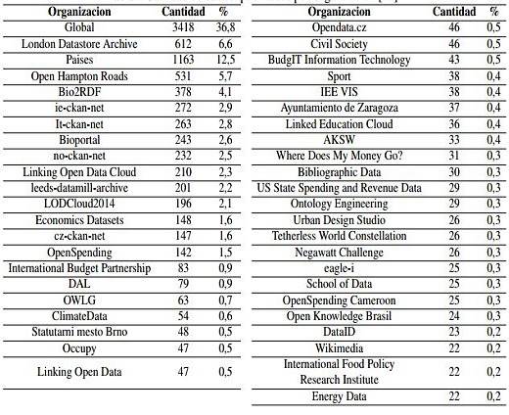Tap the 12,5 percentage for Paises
pos(225,59)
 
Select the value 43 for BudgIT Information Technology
pos(453,59)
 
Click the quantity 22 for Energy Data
pos(453,396)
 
